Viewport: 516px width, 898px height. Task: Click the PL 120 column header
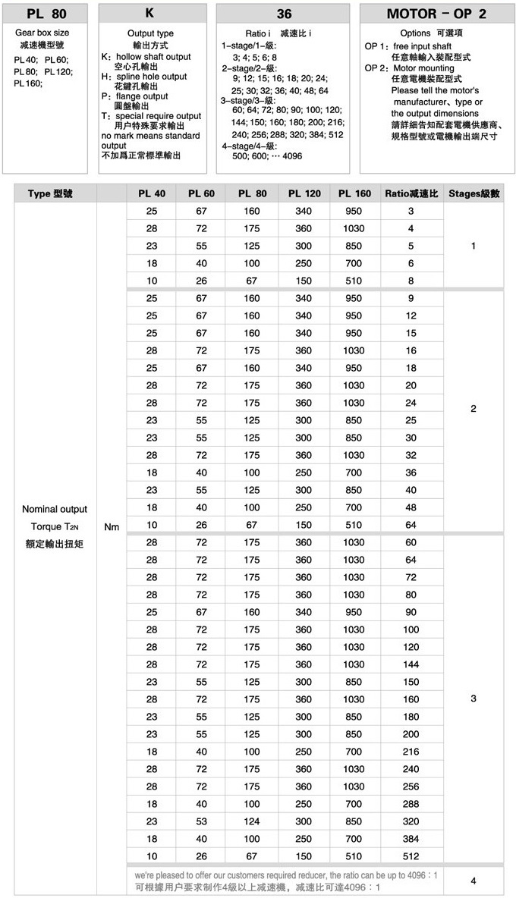pyautogui.click(x=304, y=193)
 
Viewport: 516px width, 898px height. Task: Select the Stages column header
pyautogui.click(x=474, y=193)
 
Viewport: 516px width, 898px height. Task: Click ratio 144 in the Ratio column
pyautogui.click(x=411, y=664)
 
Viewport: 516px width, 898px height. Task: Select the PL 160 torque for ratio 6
pyautogui.click(x=354, y=263)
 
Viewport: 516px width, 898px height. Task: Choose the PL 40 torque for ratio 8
pyautogui.click(x=152, y=281)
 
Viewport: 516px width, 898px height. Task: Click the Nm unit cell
pyautogui.click(x=112, y=526)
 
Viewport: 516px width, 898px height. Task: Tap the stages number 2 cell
pyautogui.click(x=474, y=409)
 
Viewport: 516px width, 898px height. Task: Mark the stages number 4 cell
pyautogui.click(x=474, y=881)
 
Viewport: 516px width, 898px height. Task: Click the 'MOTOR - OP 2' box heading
pyautogui.click(x=436, y=14)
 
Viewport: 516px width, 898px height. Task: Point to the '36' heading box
pyautogui.click(x=284, y=14)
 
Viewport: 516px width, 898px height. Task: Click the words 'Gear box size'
pyautogui.click(x=42, y=33)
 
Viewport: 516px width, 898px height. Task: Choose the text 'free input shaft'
pyautogui.click(x=422, y=47)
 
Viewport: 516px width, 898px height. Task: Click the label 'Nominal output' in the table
pyautogui.click(x=54, y=509)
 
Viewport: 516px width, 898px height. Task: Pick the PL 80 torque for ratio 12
pyautogui.click(x=252, y=316)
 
